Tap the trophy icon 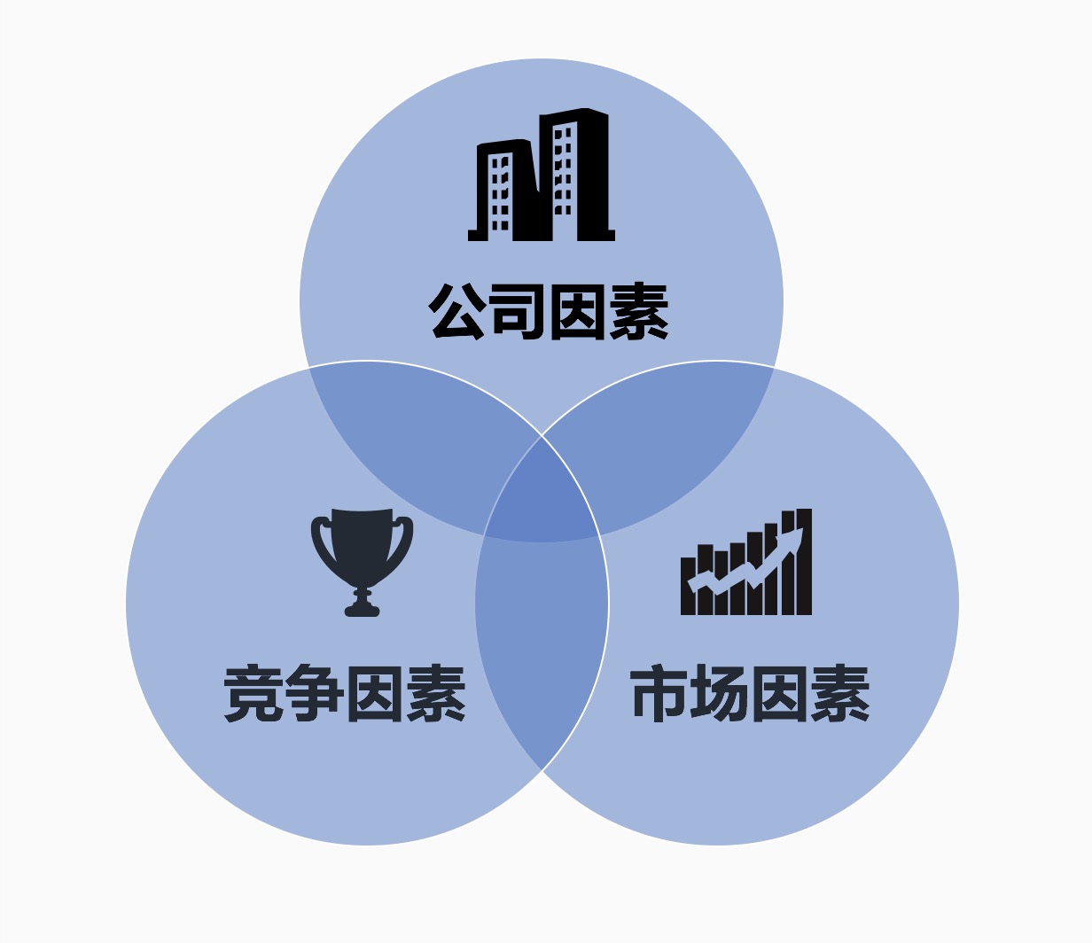coord(362,558)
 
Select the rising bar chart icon coord(746,564)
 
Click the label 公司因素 coord(549,311)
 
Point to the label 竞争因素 coord(345,694)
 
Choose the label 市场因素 coord(750,694)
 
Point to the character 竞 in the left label coord(253,694)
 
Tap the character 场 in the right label coord(720,694)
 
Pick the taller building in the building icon coord(576,173)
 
